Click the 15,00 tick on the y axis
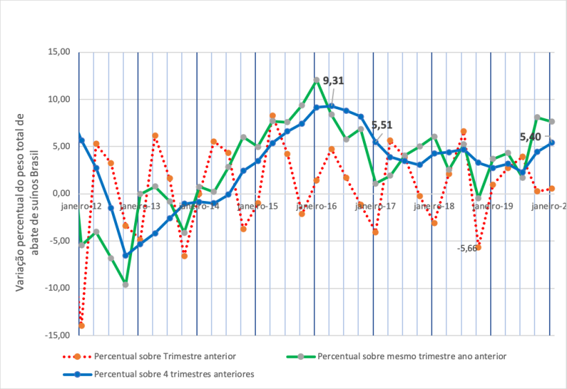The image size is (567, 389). [x=59, y=52]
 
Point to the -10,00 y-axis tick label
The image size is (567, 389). [x=57, y=288]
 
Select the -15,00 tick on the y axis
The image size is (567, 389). [x=57, y=335]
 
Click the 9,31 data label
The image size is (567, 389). [x=333, y=81]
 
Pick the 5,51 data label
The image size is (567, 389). [x=382, y=125]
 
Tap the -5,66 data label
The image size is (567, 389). [x=467, y=248]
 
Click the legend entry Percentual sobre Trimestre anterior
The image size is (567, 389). [x=165, y=357]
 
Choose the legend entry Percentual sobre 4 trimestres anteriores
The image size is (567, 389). [x=174, y=374]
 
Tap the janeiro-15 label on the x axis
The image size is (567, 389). [x=258, y=206]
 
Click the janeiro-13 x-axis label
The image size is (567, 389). [x=140, y=206]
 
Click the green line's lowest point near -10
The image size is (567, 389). [x=125, y=285]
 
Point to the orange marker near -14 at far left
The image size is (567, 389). [x=82, y=325]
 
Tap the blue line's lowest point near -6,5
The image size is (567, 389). [x=125, y=255]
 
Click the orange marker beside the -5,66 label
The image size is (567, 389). [x=478, y=247]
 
